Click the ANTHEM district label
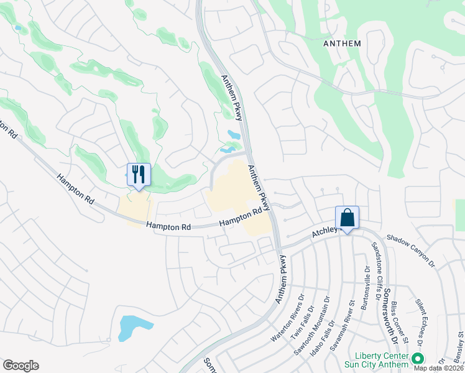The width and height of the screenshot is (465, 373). coord(342,43)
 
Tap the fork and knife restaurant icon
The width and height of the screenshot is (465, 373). coord(139,173)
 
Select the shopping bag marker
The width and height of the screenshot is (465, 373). coord(347,218)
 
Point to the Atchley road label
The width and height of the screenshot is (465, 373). coord(324,233)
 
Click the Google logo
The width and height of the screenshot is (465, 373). coord(21,366)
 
